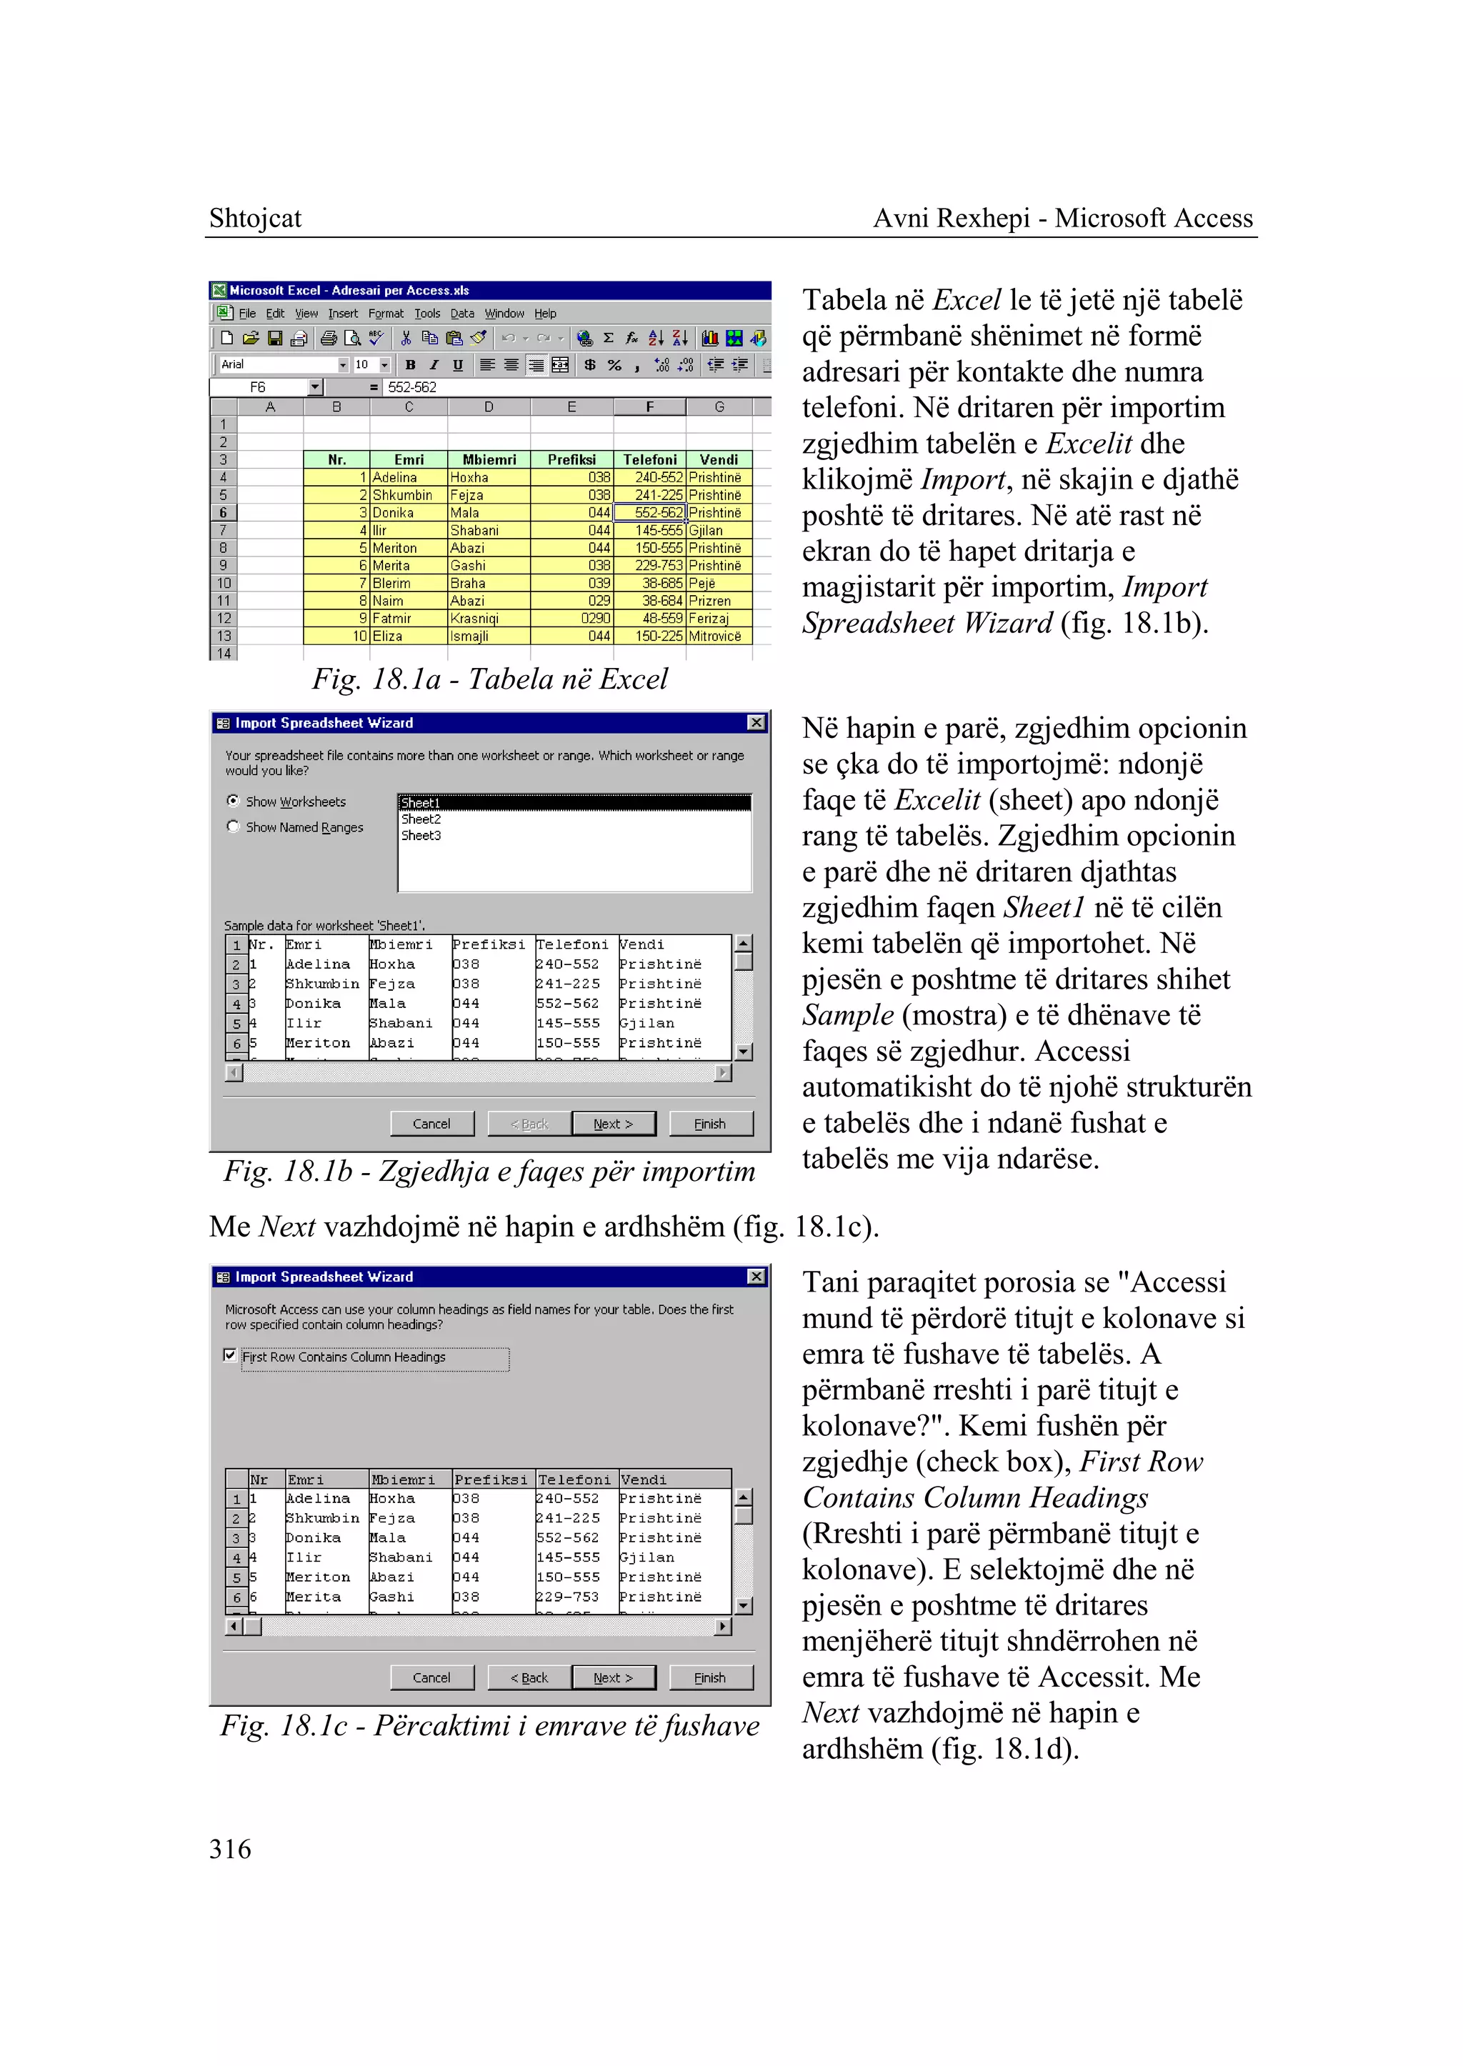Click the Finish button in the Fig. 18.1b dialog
[709, 1124]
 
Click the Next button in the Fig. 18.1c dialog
[613, 1677]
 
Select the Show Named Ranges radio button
[234, 827]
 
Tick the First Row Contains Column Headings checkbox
[230, 1355]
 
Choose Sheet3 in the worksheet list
[421, 835]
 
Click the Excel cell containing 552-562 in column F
[649, 513]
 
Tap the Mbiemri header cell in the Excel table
[489, 459]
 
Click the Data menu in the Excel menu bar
[462, 314]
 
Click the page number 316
[230, 1849]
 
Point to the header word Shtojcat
[255, 218]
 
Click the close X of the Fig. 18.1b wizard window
[756, 723]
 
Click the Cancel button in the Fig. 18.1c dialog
[431, 1677]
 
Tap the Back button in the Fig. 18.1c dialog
[529, 1677]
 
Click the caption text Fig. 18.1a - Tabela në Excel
[489, 679]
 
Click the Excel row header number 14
[224, 653]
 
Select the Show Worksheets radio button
[234, 800]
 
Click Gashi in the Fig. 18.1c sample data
[392, 1597]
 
